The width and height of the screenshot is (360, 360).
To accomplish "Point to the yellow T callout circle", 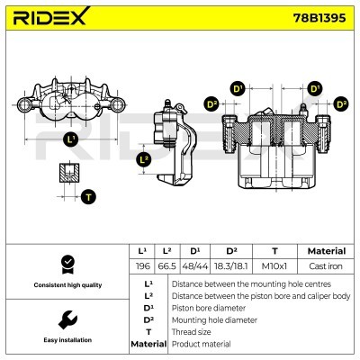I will tap(88, 196).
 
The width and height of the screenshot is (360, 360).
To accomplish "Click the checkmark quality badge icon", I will tap(66, 263).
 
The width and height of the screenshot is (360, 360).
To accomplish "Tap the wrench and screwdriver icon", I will tap(66, 319).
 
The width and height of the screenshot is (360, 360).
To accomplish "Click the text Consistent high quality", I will tap(66, 285).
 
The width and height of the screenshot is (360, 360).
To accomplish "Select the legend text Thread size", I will tap(193, 331).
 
